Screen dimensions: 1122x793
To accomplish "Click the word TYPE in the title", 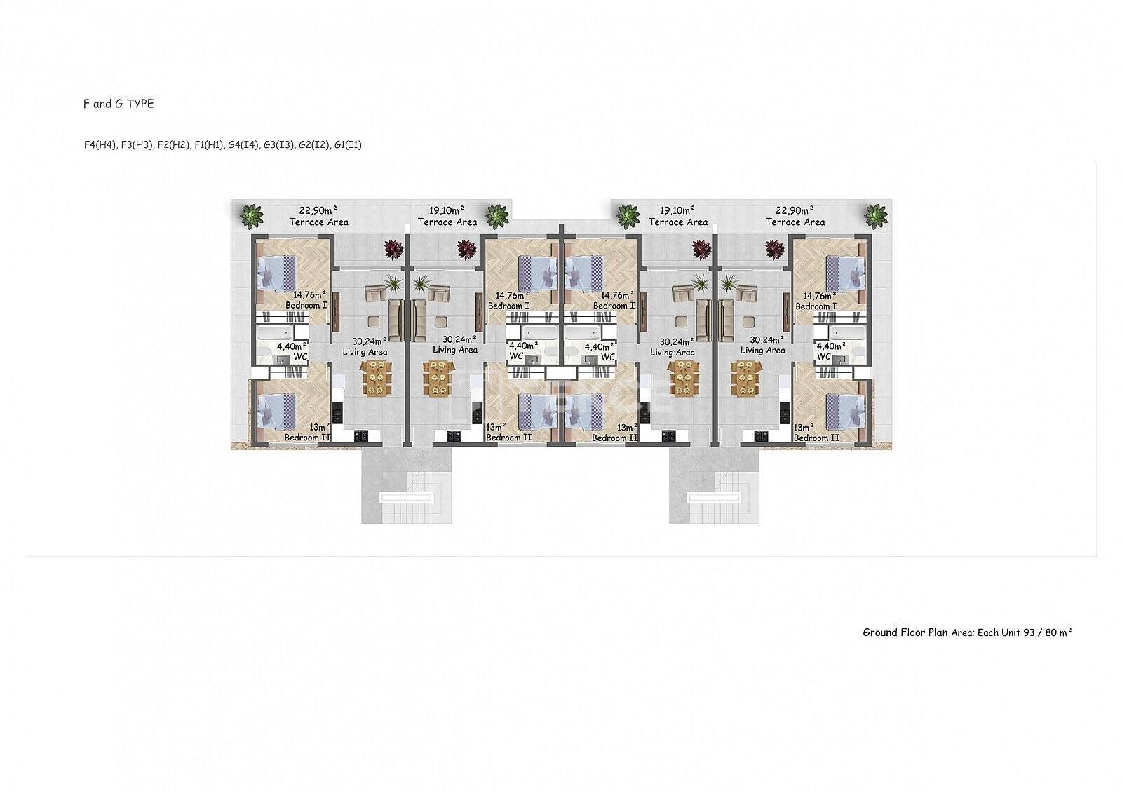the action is [x=140, y=104].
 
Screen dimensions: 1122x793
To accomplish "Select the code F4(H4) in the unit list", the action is [x=101, y=144].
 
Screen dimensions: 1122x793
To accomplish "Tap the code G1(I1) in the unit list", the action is [x=348, y=144].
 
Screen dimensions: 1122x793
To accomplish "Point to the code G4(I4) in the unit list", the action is [x=243, y=144].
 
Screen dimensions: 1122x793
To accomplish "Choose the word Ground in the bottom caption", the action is [x=880, y=632].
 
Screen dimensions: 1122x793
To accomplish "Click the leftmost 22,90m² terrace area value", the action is [x=318, y=210].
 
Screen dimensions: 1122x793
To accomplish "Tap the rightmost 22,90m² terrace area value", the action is [x=795, y=210].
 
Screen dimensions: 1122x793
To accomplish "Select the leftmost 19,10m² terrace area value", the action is [x=447, y=210].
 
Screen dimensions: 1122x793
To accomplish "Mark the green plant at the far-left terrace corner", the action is [x=252, y=217].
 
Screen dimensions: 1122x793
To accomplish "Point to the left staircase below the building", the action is [x=407, y=487].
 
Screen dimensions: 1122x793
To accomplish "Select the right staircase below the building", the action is [x=715, y=487].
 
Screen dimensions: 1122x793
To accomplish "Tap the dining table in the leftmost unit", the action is [x=376, y=378].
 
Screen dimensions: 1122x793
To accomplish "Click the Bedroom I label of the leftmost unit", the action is [x=306, y=305].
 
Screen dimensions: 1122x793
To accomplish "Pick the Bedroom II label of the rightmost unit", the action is [x=816, y=438].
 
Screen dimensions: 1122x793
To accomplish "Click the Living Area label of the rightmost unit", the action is [x=762, y=350].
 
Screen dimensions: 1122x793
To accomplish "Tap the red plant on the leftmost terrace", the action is [x=393, y=249].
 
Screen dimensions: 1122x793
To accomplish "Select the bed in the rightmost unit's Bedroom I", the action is [x=845, y=273].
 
